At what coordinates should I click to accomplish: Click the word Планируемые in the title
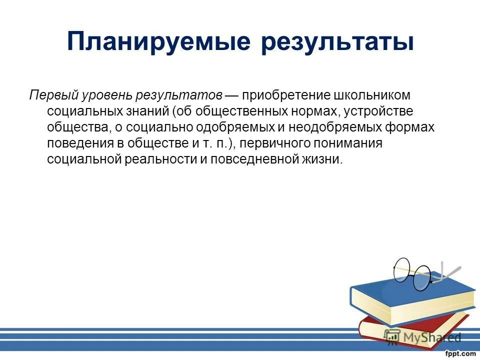click(158, 42)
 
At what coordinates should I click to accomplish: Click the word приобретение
click(283, 95)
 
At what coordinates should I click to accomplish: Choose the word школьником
click(372, 95)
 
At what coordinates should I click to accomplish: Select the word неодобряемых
click(331, 127)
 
